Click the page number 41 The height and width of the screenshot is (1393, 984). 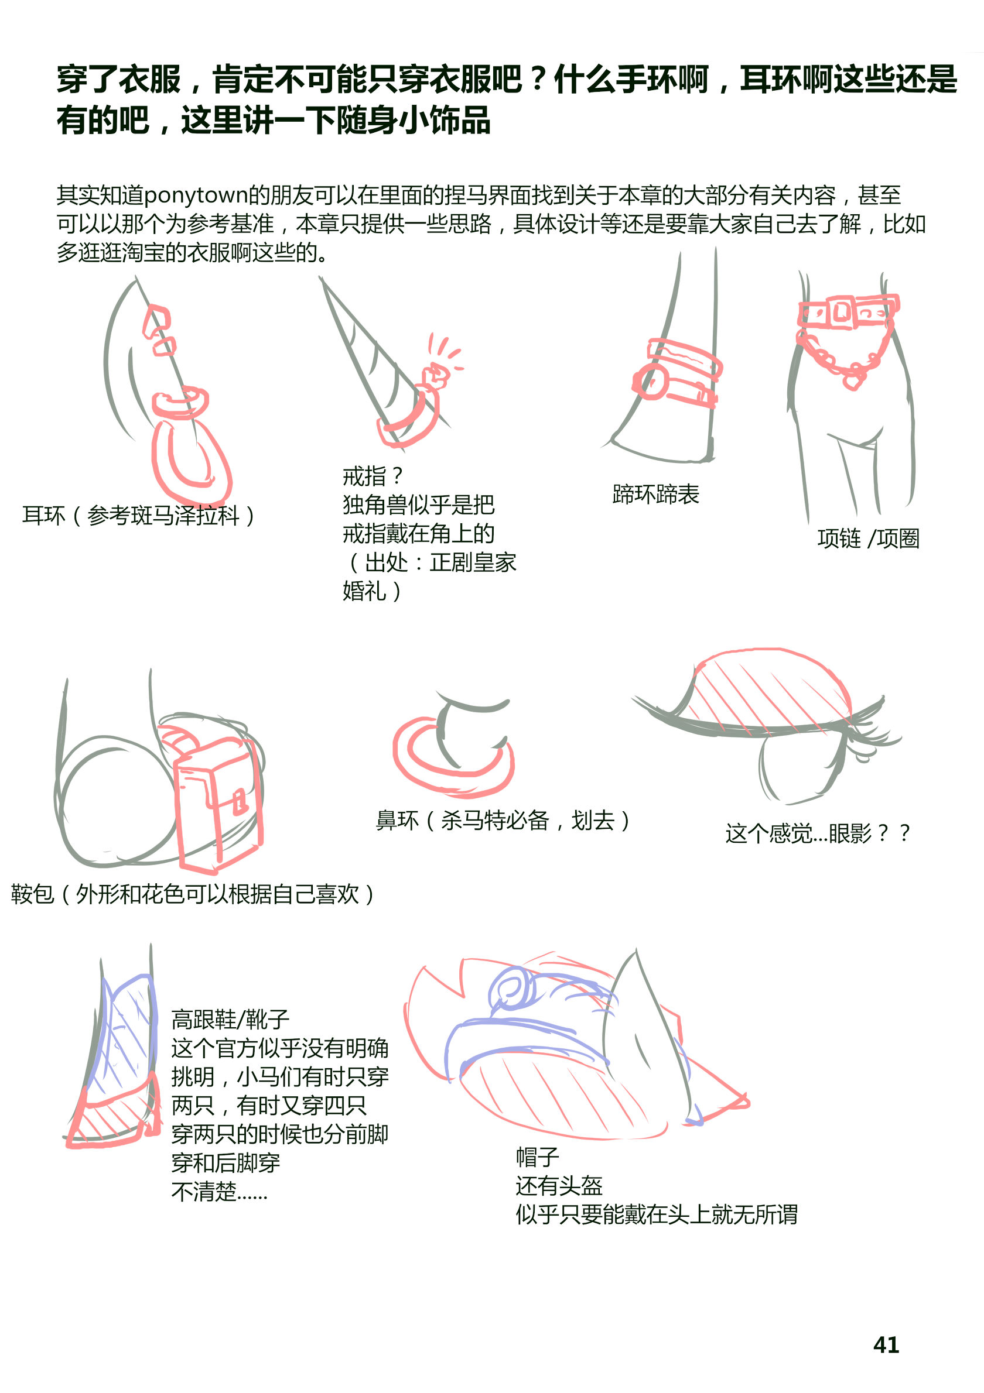[886, 1345]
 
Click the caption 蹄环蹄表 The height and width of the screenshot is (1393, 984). [655, 495]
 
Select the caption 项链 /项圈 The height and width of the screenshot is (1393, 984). [868, 538]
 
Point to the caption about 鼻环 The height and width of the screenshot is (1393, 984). [503, 820]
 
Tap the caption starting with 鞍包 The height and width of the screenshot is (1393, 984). [193, 894]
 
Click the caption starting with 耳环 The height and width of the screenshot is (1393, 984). [138, 516]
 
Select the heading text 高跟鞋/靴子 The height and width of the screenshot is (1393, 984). [230, 1019]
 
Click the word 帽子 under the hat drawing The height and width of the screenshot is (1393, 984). [537, 1157]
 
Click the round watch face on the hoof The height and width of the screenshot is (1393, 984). [651, 381]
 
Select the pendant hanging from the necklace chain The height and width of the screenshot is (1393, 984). [853, 380]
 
